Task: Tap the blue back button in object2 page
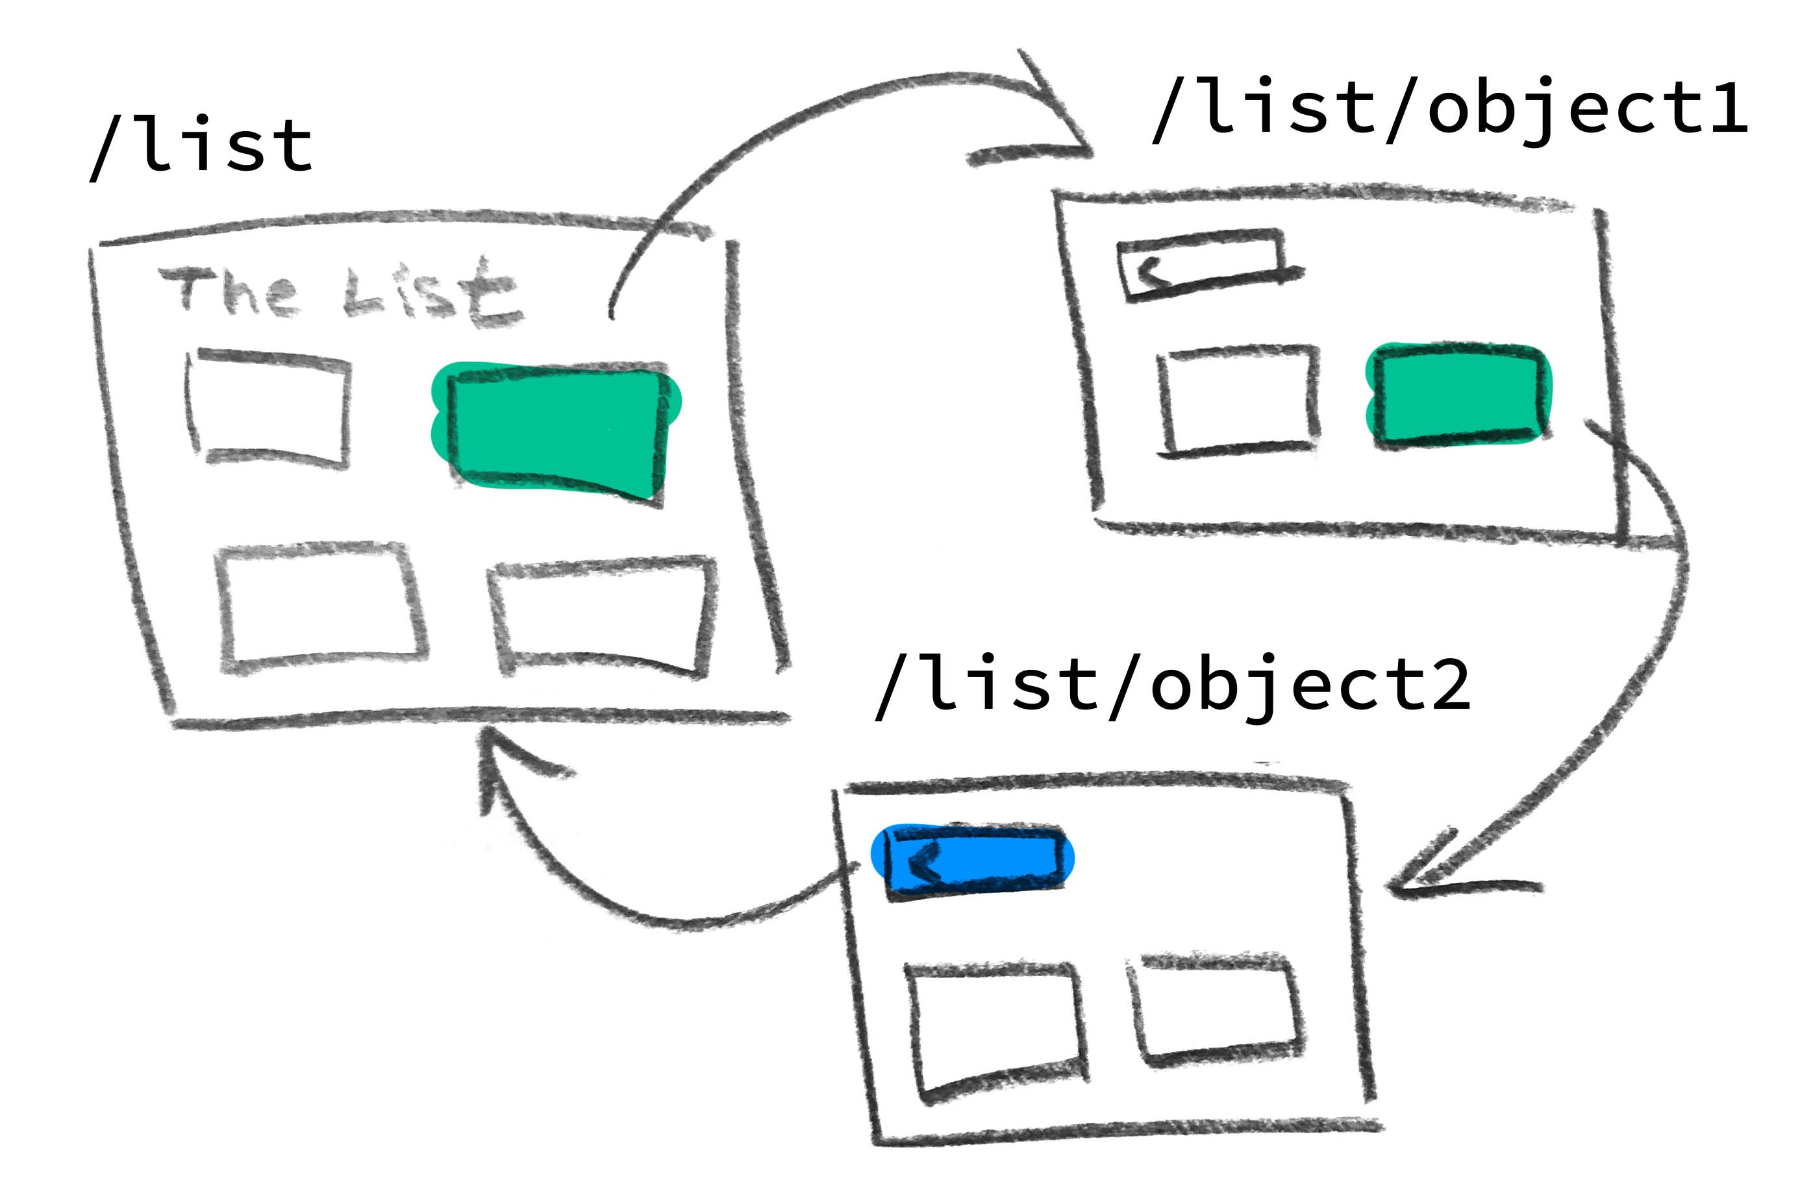(x=973, y=859)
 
